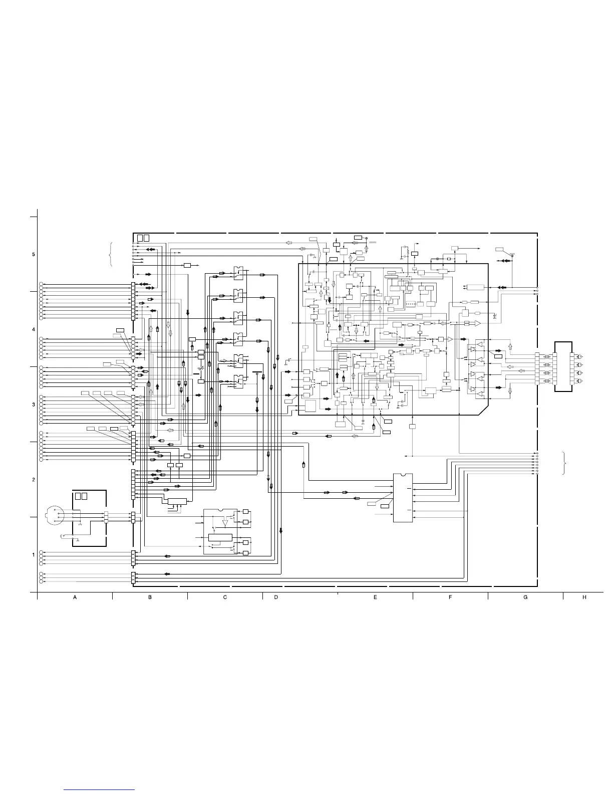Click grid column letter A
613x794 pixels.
pyautogui.click(x=75, y=598)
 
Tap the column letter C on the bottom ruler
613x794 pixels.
pyautogui.click(x=225, y=598)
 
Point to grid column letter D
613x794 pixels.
pyautogui.click(x=276, y=598)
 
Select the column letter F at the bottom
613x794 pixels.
pyautogui.click(x=450, y=598)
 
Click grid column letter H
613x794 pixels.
pyautogui.click(x=584, y=598)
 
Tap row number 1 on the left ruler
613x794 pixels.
pyautogui.click(x=33, y=555)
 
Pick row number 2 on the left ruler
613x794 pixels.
pyautogui.click(x=33, y=480)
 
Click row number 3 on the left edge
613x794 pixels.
pyautogui.click(x=33, y=405)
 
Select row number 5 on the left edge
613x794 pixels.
pyautogui.click(x=33, y=254)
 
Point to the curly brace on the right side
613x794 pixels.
pyautogui.click(x=565, y=463)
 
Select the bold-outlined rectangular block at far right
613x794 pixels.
pyautogui.click(x=564, y=367)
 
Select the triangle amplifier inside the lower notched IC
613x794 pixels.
pyautogui.click(x=225, y=523)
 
